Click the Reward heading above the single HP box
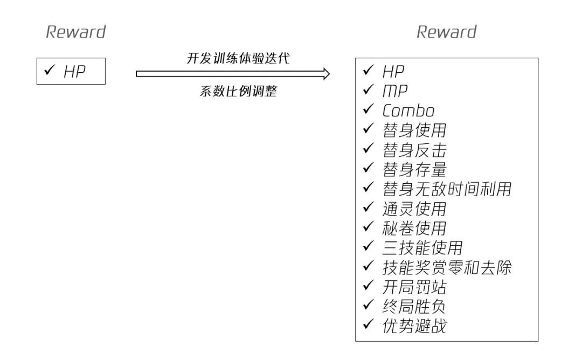pos(75,32)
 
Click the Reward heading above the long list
pos(446,32)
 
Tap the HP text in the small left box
pos(74,73)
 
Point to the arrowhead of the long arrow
pos(325,74)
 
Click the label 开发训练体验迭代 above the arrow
pos(238,59)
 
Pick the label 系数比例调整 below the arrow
pos(238,91)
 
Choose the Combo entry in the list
pos(408,110)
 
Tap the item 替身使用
pos(414,130)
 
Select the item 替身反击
pos(414,150)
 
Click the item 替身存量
pos(414,169)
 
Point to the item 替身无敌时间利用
pos(446,189)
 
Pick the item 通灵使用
pos(414,209)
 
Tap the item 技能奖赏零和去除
pos(446,267)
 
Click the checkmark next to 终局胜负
pos(369,305)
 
